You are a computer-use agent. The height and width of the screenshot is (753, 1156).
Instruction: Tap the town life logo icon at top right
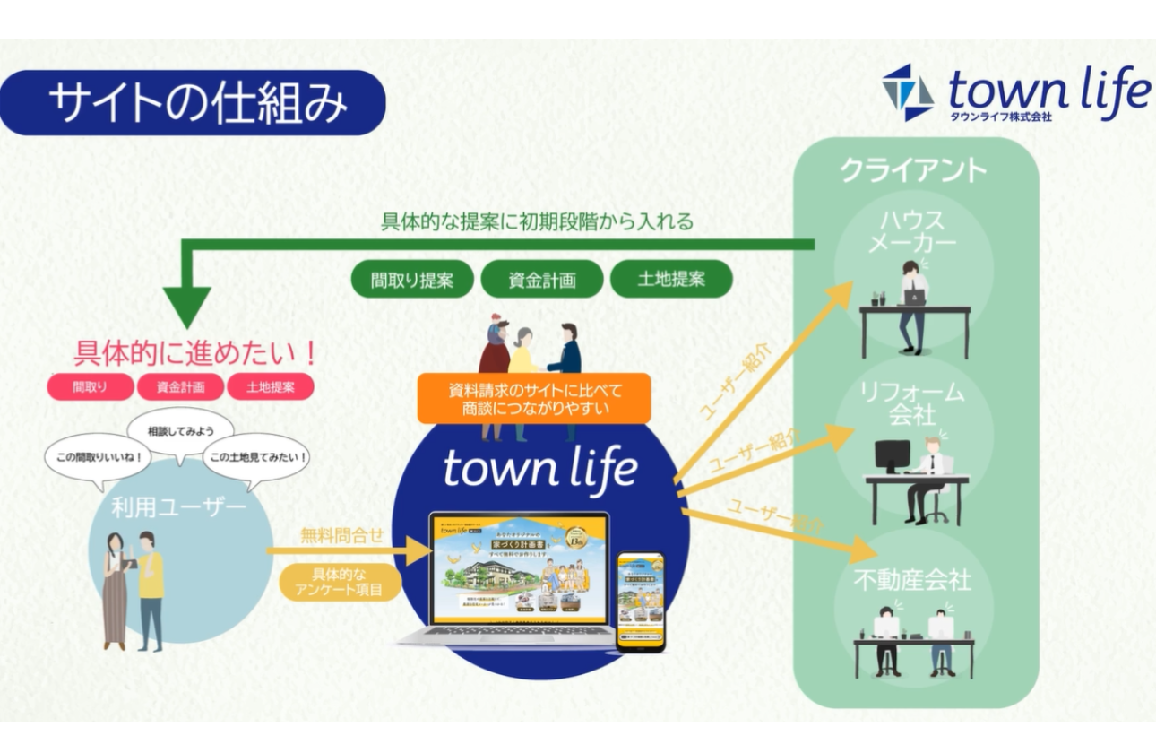point(908,92)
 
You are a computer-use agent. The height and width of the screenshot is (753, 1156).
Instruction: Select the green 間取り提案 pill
point(412,280)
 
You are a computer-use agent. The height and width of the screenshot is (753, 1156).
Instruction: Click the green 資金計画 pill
point(542,280)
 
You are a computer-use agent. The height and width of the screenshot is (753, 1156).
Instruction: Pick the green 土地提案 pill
point(671,279)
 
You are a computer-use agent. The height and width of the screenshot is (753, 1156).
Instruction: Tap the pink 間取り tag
point(90,387)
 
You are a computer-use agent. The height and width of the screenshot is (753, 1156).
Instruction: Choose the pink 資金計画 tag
point(180,387)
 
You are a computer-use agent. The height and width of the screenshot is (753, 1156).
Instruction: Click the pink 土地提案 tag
point(270,387)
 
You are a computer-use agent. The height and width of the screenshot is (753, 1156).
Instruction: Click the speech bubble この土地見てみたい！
point(259,457)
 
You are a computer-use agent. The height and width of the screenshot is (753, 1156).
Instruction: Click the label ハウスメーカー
point(912,231)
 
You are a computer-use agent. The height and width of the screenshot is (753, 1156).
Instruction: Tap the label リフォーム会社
point(912,402)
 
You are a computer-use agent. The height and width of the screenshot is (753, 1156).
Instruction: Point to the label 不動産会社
point(912,580)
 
